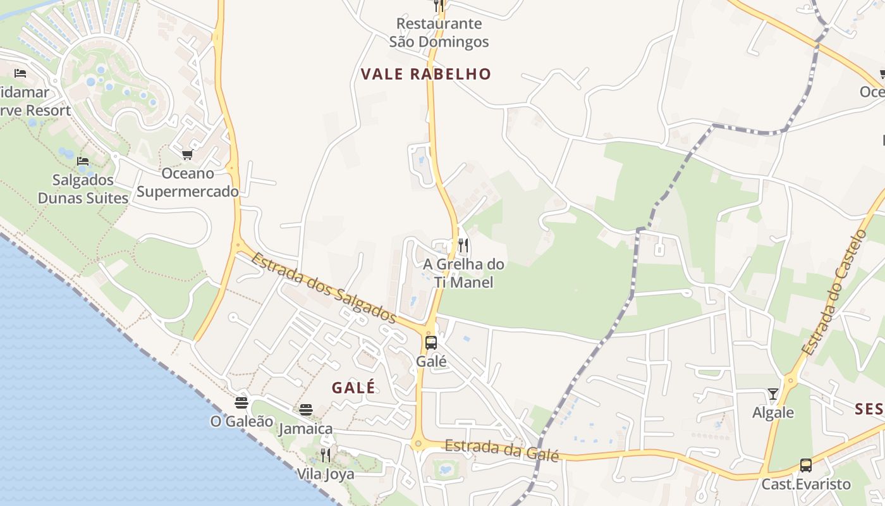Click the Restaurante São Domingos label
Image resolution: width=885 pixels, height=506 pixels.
[x=439, y=33]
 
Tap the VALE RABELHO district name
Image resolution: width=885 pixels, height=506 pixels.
[x=425, y=74]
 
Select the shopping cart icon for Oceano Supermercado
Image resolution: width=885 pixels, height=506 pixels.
[x=187, y=155]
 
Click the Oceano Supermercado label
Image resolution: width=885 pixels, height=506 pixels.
[x=188, y=182]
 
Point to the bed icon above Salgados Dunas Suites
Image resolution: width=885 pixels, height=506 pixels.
[x=83, y=161]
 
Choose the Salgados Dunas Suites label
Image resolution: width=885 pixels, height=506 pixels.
[x=83, y=189]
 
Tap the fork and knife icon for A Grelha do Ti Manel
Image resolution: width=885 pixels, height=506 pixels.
[x=463, y=245]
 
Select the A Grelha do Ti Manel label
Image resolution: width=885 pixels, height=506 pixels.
[x=463, y=273]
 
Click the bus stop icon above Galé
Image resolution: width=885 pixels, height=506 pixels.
[x=431, y=343]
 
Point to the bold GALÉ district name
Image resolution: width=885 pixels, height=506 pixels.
[x=353, y=388]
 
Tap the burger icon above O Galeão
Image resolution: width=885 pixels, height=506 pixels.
[x=241, y=402]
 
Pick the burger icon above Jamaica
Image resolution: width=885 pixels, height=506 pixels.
[x=306, y=410]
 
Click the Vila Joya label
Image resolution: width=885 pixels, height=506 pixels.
[x=326, y=474]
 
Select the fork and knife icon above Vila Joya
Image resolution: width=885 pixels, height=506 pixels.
[x=326, y=455]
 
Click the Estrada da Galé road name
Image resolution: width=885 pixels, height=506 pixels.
[x=502, y=450]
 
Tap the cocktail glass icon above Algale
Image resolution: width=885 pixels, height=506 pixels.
[x=772, y=394]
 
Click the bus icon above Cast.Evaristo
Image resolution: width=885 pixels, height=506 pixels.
[x=806, y=466]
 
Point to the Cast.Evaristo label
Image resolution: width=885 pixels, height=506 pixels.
[x=806, y=484]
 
